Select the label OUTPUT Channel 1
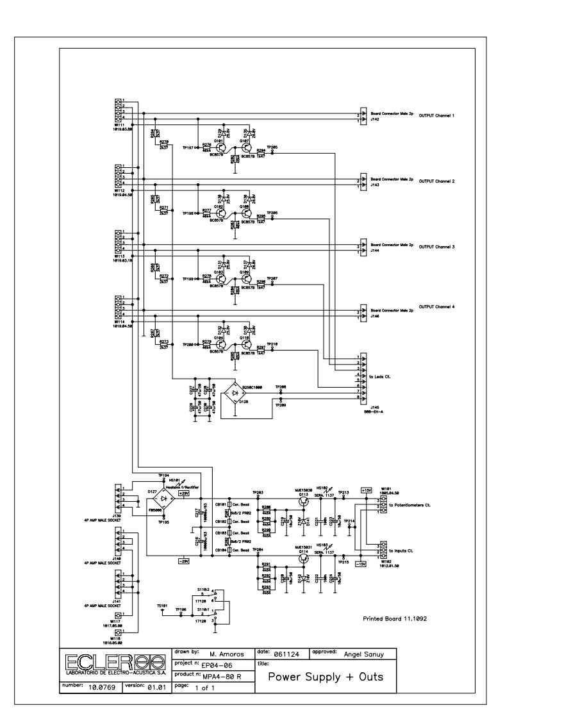[x=436, y=116]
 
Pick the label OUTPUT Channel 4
[x=436, y=307]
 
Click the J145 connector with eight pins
[x=363, y=378]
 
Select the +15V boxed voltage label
[x=367, y=490]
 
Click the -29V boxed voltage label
[x=185, y=561]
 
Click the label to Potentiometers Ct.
[x=409, y=506]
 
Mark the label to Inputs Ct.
[x=402, y=551]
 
